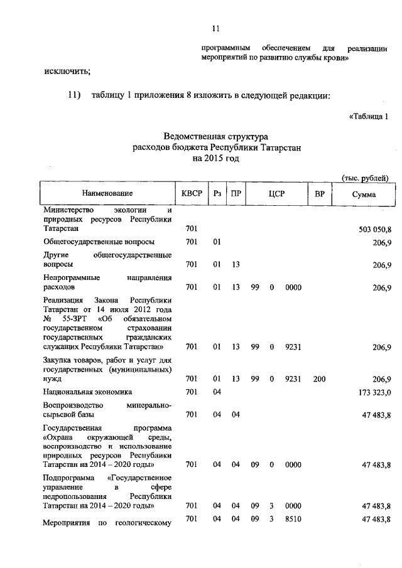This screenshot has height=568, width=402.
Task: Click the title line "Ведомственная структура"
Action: pos(216,136)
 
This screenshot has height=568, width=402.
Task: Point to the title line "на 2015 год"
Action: pos(216,158)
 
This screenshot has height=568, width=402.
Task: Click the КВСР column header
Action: pos(192,194)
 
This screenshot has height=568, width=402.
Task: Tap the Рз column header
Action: pos(216,194)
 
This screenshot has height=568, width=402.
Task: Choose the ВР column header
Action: pos(319,194)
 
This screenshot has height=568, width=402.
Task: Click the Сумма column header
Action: pos(364,194)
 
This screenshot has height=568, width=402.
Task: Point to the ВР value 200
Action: pos(319,378)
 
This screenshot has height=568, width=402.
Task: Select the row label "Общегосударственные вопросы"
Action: pos(99,242)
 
